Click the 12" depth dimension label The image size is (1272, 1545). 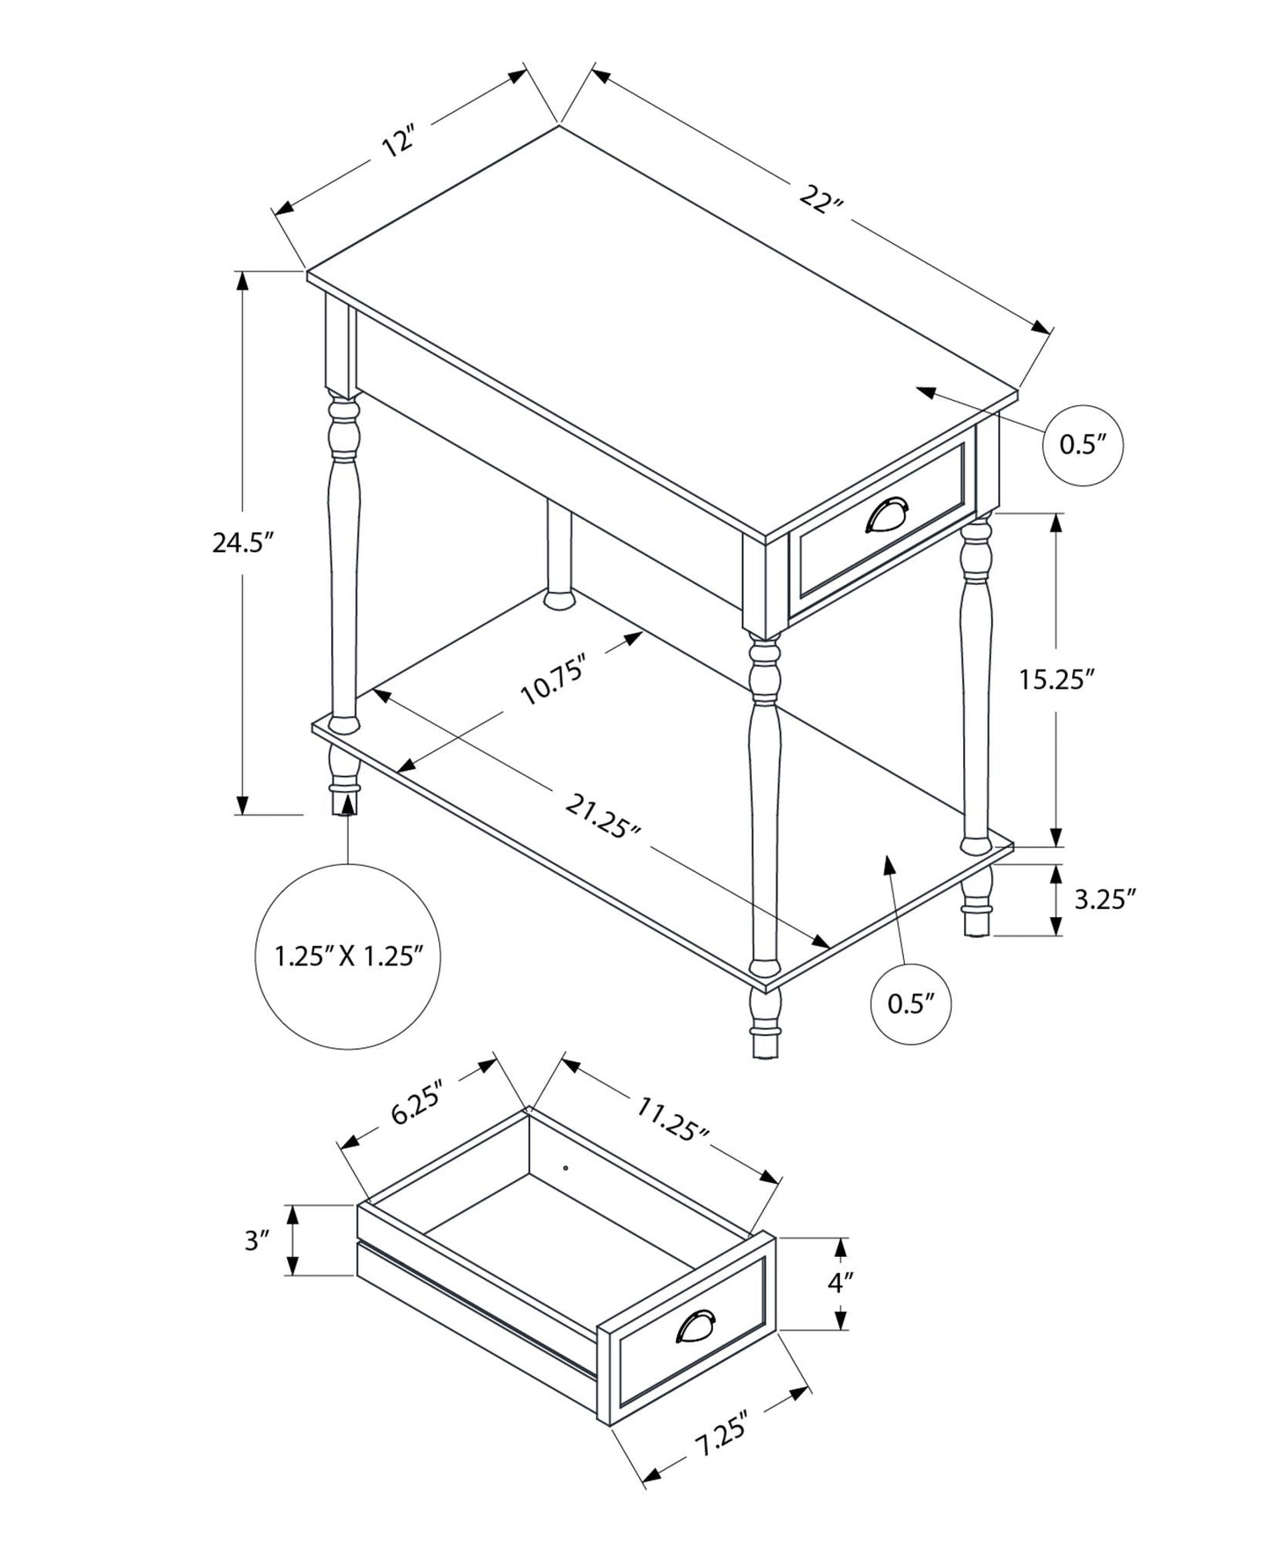click(x=398, y=141)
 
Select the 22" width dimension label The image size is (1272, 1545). click(x=821, y=200)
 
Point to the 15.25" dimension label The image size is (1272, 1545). click(x=1056, y=679)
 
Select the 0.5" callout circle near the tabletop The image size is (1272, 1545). click(x=1082, y=445)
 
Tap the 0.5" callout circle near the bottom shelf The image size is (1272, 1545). click(x=910, y=1003)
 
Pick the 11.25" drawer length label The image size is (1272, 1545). click(x=673, y=1118)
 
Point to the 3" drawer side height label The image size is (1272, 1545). click(x=256, y=1241)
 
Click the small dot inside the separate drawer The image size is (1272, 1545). click(x=566, y=1168)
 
